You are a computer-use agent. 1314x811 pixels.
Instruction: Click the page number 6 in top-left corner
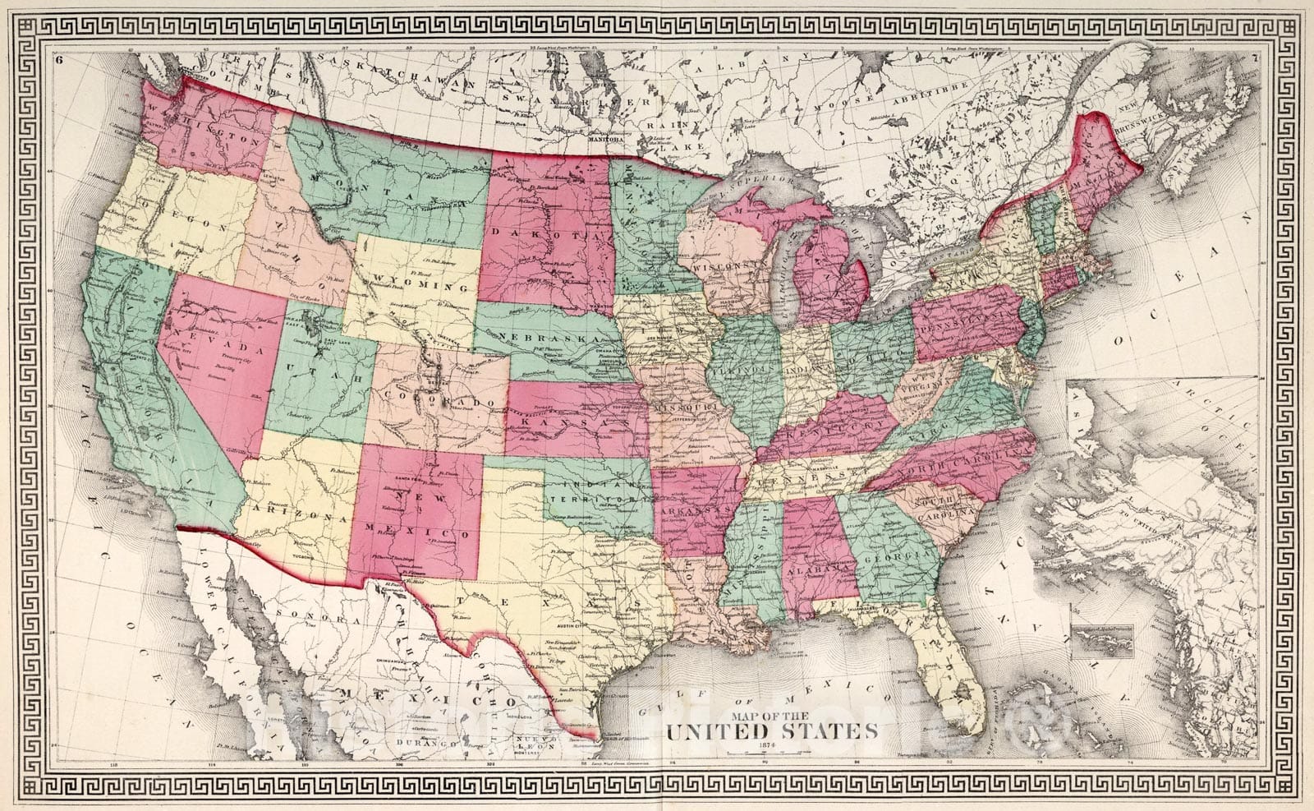click(61, 59)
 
